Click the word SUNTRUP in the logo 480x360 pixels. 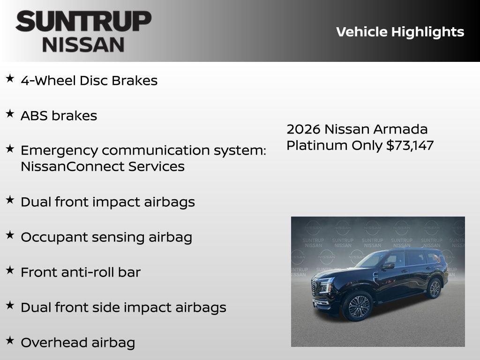(83, 22)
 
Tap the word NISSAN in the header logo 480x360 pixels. (83, 44)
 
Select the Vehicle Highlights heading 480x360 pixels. (400, 32)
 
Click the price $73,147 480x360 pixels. (410, 145)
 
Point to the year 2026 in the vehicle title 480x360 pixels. (303, 129)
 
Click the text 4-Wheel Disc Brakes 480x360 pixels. (89, 81)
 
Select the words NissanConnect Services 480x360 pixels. (102, 166)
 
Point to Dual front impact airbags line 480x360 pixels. (107, 202)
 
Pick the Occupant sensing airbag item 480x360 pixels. (106, 237)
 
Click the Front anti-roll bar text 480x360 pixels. (80, 272)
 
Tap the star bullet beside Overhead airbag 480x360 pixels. (10, 340)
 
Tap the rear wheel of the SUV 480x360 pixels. (434, 288)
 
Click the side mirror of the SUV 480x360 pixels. (389, 266)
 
